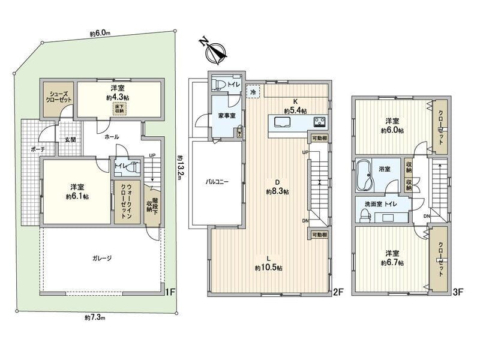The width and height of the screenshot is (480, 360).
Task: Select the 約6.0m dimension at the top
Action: click(100, 35)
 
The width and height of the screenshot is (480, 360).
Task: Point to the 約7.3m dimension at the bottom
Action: click(94, 316)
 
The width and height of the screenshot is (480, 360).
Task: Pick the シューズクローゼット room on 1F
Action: click(57, 97)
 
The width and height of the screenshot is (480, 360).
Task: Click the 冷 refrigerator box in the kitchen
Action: click(254, 92)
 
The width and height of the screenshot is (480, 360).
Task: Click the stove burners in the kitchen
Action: click(319, 122)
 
